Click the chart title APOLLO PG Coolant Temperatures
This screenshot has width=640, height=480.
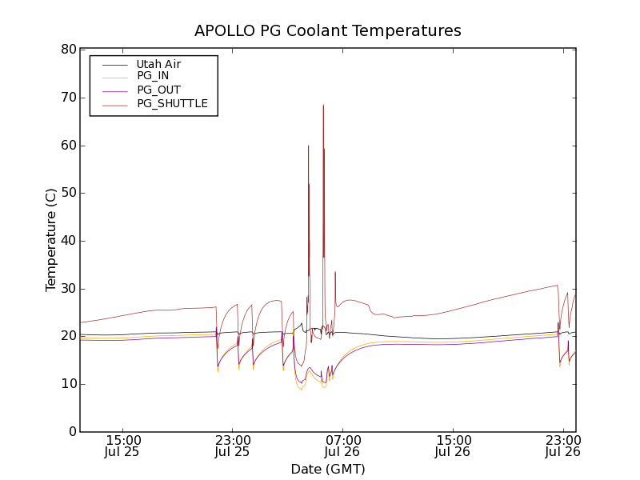click(x=328, y=31)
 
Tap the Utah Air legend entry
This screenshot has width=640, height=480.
click(x=158, y=64)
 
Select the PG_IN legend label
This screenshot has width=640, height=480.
click(x=153, y=76)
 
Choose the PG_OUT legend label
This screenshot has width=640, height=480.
click(x=158, y=90)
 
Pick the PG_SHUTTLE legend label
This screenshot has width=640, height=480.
click(x=172, y=103)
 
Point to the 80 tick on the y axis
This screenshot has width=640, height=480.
click(x=67, y=50)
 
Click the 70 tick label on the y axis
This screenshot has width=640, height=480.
click(x=67, y=98)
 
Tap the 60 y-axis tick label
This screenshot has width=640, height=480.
click(x=67, y=146)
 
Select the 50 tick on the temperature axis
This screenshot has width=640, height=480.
click(x=67, y=193)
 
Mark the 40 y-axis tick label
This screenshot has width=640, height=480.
click(x=67, y=241)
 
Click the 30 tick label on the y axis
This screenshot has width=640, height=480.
click(x=67, y=289)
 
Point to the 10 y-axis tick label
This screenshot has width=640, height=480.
click(x=67, y=384)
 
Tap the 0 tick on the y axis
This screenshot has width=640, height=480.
click(x=71, y=432)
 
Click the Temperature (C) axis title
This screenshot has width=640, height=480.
click(x=51, y=240)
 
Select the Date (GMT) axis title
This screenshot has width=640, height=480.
click(x=328, y=469)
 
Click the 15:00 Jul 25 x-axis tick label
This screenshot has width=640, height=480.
click(x=123, y=446)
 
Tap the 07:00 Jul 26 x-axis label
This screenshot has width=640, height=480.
click(x=343, y=446)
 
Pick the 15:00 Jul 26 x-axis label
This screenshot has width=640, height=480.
click(x=453, y=446)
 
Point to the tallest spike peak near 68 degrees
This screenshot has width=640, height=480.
click(x=323, y=105)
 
